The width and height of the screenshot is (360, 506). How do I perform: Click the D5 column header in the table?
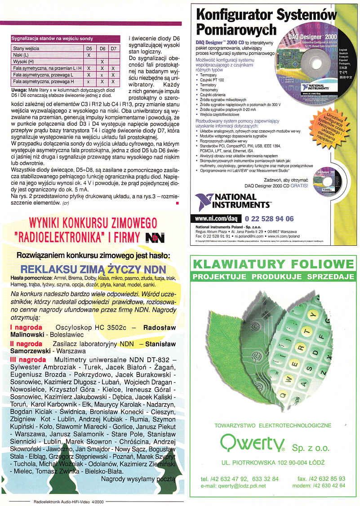tap(89, 48)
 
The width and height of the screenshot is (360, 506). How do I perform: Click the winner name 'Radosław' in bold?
tap(159, 328)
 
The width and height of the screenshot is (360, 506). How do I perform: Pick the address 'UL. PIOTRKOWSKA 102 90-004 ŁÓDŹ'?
tap(273, 462)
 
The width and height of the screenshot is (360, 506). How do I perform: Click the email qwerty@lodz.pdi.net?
tap(233, 486)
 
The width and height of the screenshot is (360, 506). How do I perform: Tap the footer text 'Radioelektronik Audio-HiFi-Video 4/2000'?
tap(68, 502)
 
